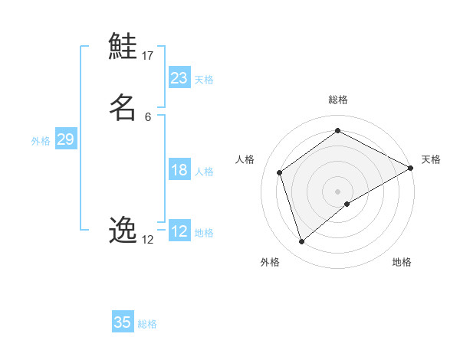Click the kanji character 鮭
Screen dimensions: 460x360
123,47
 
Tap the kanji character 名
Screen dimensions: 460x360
123,107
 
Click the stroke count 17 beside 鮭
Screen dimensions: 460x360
148,55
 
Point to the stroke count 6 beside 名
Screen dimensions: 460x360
148,116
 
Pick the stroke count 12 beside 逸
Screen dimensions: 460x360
148,240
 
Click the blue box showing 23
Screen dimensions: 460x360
179,77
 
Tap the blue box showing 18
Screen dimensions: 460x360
179,170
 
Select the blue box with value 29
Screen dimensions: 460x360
65,139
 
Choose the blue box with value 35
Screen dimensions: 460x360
123,322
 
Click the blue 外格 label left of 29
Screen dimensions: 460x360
41,141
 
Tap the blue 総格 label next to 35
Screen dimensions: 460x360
147,324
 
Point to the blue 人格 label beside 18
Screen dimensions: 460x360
204,172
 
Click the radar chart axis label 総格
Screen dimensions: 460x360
338,100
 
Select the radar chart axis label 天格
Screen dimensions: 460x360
431,159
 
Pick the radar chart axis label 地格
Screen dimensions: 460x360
402,262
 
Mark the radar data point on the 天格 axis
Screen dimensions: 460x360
411,168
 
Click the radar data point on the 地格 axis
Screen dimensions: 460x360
347,204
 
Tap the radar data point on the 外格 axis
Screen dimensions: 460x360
301,242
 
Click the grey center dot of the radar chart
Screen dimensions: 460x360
338,191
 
